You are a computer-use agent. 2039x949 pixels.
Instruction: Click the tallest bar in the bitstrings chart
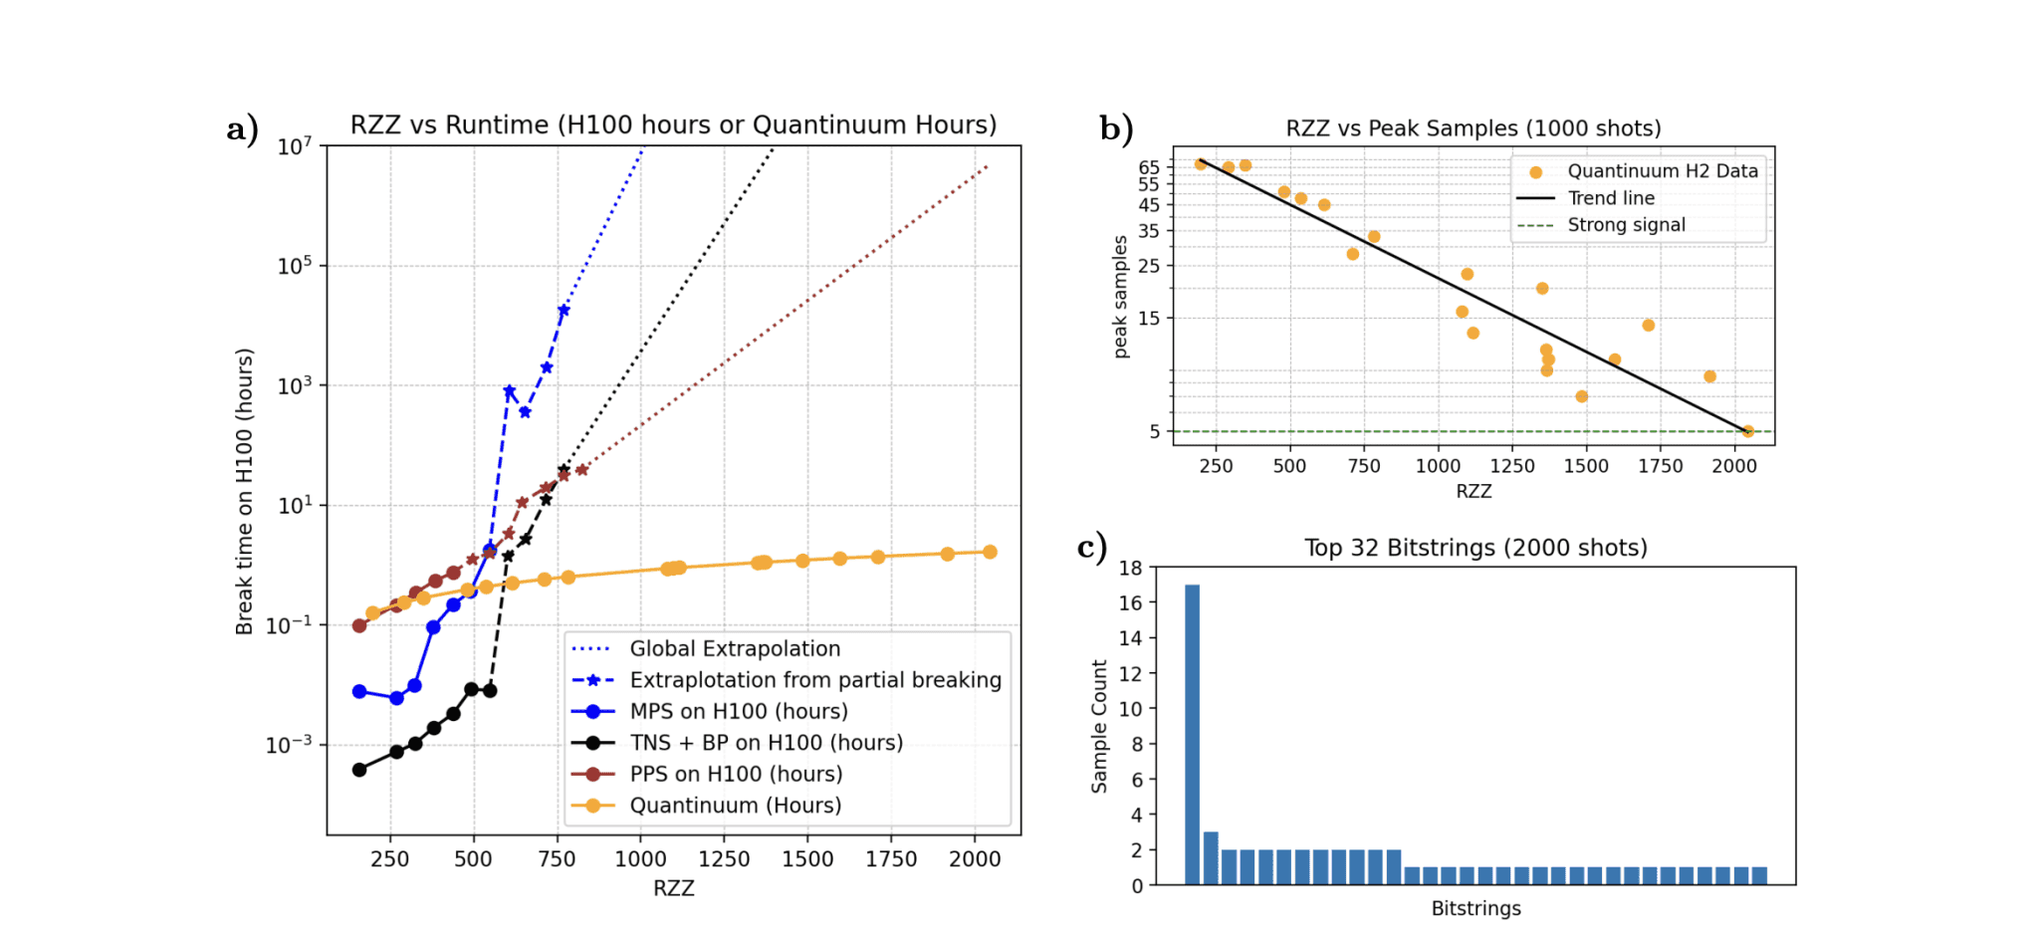click(1192, 734)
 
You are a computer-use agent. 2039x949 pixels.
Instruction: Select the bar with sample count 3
click(1211, 858)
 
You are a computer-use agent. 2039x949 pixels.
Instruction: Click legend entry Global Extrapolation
click(735, 649)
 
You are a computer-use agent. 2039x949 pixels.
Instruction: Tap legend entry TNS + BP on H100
click(766, 743)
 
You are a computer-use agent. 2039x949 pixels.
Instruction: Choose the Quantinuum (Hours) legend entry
click(735, 806)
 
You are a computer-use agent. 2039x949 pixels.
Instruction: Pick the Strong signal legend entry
click(1626, 225)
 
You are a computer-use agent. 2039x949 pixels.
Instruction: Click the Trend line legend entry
click(1610, 198)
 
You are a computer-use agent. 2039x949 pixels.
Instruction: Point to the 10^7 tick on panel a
click(295, 147)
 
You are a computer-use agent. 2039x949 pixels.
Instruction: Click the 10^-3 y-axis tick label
click(289, 745)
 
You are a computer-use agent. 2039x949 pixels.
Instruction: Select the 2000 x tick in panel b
click(1733, 466)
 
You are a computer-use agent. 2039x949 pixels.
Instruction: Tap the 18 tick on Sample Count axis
click(1130, 568)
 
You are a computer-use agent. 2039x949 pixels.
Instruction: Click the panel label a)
click(243, 128)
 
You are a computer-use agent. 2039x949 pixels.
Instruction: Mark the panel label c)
click(1092, 548)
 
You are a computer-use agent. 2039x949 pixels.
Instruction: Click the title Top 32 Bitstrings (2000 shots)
click(1475, 548)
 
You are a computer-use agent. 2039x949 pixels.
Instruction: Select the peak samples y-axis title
click(1121, 297)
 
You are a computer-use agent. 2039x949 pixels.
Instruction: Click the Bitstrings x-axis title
click(1475, 908)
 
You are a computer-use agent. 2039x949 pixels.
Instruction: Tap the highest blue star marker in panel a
click(564, 311)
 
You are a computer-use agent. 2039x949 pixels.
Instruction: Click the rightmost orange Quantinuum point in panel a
click(990, 552)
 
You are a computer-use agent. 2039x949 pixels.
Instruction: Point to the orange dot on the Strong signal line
click(1747, 431)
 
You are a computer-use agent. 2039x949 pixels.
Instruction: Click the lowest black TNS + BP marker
click(359, 770)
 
